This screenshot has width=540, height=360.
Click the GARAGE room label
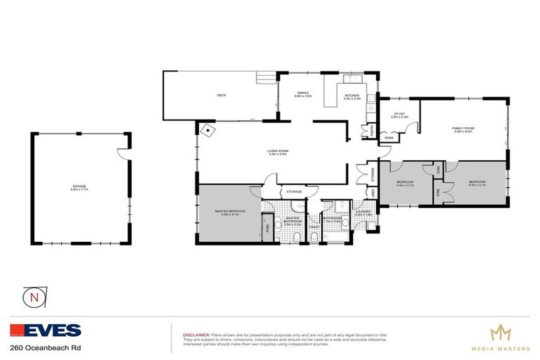coord(79,187)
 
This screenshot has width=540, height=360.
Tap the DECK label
coord(221,96)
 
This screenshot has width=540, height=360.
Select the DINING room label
coord(302,95)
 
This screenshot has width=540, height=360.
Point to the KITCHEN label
coord(352,96)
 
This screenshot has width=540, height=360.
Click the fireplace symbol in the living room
coord(209,131)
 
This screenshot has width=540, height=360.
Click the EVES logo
coord(46,330)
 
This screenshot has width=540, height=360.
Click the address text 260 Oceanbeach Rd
coord(37,348)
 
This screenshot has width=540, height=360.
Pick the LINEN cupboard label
coord(373,192)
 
